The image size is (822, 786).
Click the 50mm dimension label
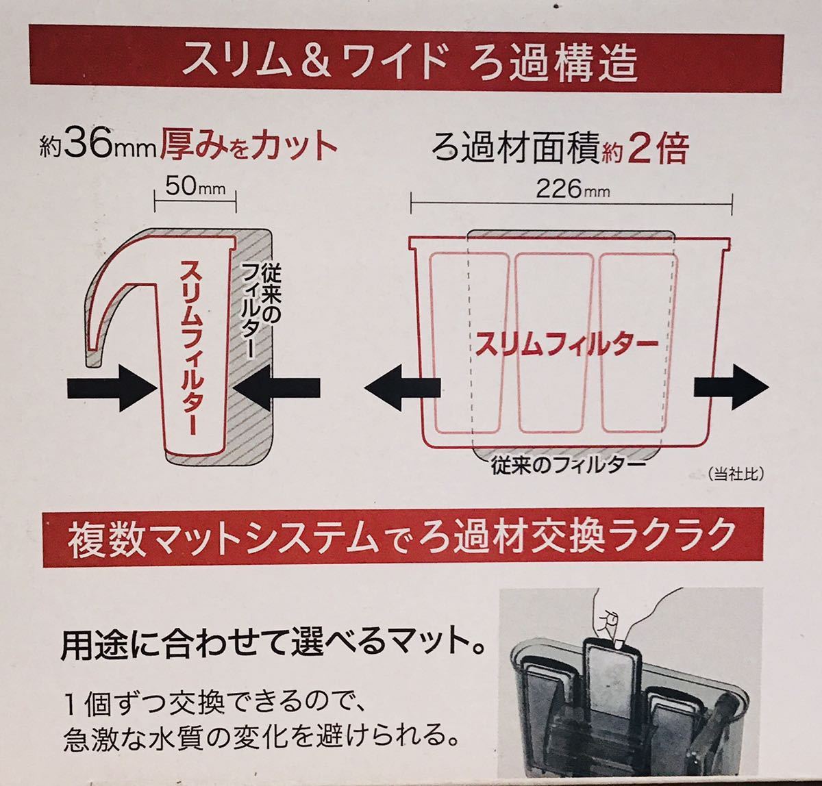[195, 187]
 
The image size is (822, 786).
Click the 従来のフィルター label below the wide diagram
[569, 466]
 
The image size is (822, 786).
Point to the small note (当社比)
[734, 472]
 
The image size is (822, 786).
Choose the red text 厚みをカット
[249, 146]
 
